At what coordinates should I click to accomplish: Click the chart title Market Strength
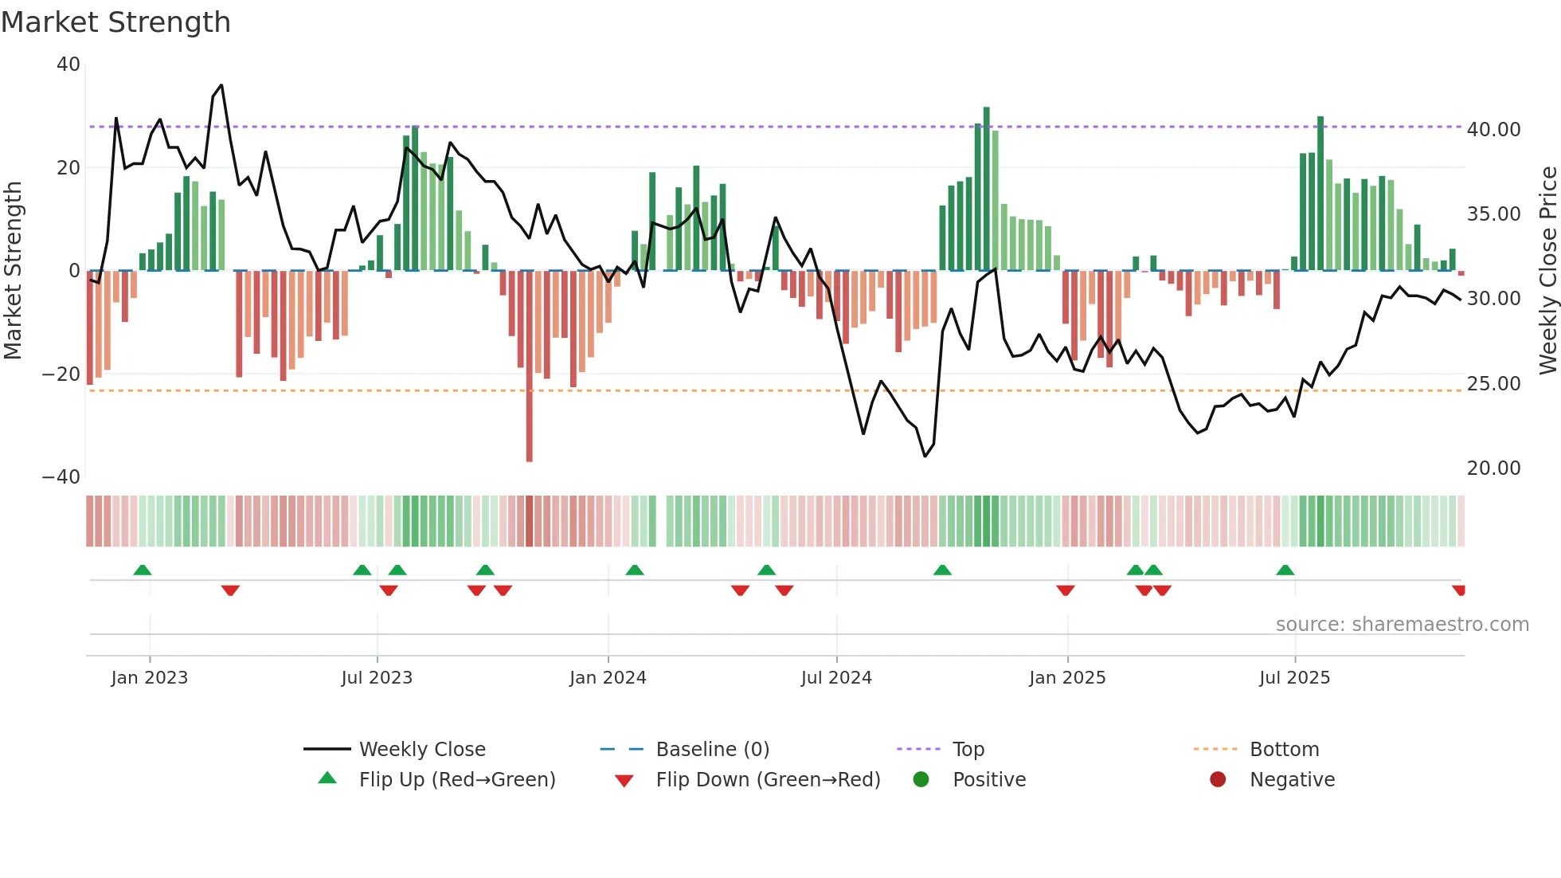tap(115, 22)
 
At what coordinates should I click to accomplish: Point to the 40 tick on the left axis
tap(68, 65)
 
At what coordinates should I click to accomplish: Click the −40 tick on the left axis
tap(61, 477)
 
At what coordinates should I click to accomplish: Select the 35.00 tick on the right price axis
tap(1493, 214)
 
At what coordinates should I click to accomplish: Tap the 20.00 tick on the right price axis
tap(1493, 468)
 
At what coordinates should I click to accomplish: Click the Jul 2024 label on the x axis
tap(836, 678)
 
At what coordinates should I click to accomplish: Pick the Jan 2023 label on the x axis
tap(150, 678)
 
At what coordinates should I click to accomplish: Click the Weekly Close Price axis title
tap(1547, 271)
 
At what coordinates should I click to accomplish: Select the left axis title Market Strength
tap(13, 271)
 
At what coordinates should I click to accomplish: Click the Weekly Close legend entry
tap(422, 750)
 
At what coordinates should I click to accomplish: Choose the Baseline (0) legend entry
tap(712, 750)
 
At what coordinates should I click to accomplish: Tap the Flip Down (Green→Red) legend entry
tap(768, 780)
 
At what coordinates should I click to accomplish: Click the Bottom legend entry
tap(1284, 750)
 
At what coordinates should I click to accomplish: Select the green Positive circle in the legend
tap(921, 780)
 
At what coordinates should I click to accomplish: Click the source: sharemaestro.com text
tap(1402, 625)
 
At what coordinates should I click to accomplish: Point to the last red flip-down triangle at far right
tap(1458, 590)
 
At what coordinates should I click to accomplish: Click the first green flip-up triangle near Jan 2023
tap(143, 570)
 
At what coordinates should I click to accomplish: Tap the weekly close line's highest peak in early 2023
tap(221, 85)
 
